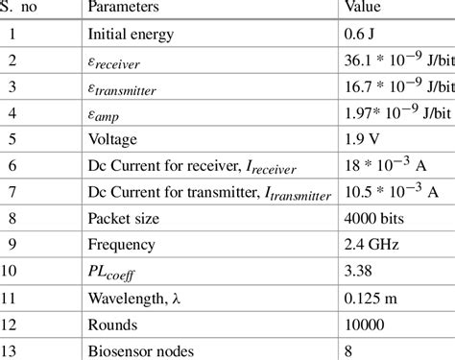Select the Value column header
(x=365, y=8)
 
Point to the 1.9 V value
(x=363, y=140)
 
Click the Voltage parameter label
(x=113, y=140)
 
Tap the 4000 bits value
(x=375, y=220)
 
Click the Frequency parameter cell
(x=123, y=246)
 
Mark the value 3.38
(x=359, y=273)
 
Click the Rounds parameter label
(x=112, y=325)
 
